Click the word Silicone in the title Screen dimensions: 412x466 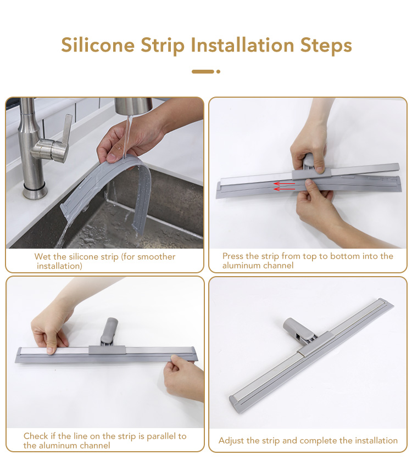[98, 45]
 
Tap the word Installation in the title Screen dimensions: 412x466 [242, 45]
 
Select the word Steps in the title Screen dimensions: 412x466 [326, 46]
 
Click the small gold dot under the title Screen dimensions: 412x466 [218, 71]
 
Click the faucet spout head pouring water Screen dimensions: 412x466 [133, 106]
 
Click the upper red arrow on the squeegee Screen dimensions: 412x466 [285, 183]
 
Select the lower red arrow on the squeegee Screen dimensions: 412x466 [285, 189]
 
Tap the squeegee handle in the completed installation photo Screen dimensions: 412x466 [298, 330]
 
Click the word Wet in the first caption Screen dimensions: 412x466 [43, 256]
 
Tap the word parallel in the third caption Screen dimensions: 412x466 [162, 436]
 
